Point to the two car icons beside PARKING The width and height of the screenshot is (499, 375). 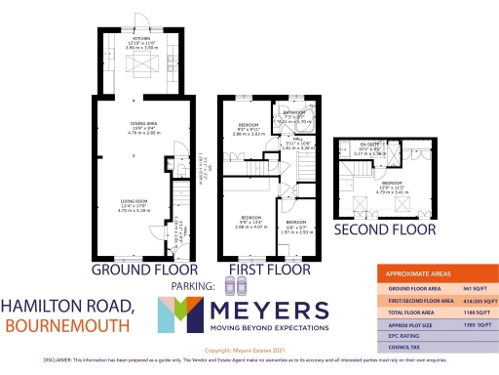(x=235, y=286)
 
